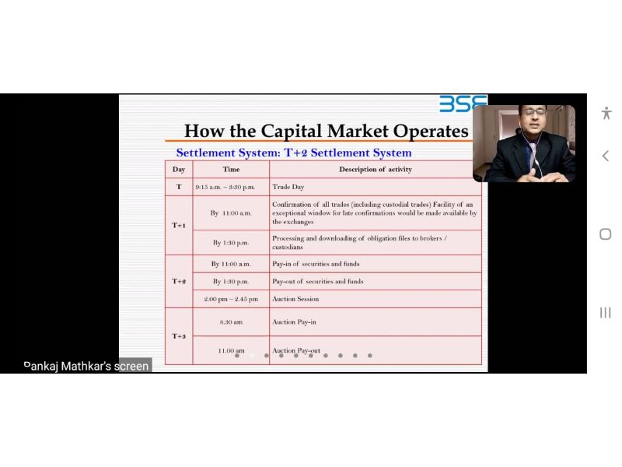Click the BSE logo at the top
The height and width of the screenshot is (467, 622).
click(x=463, y=104)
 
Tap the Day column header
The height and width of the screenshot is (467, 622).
click(x=179, y=170)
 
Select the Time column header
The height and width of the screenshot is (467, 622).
click(x=231, y=169)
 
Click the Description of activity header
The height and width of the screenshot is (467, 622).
click(x=376, y=169)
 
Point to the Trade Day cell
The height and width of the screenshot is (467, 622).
click(x=288, y=187)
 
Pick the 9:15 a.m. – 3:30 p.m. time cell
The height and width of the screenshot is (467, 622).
click(x=225, y=187)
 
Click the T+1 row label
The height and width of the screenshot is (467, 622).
click(x=179, y=225)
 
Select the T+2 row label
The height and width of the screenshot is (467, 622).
click(x=179, y=281)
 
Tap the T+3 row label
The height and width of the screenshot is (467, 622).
click(x=179, y=336)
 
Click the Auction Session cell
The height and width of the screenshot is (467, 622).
click(x=295, y=299)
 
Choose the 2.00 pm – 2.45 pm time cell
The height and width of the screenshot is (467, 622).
click(x=231, y=299)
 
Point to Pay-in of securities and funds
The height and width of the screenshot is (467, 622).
click(x=316, y=264)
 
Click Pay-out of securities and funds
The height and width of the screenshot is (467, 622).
click(x=318, y=281)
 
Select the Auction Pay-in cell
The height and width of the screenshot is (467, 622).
click(x=294, y=322)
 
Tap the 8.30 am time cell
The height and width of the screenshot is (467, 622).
click(x=231, y=322)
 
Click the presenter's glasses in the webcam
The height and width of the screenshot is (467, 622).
click(x=534, y=112)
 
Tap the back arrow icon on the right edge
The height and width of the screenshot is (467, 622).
click(x=606, y=156)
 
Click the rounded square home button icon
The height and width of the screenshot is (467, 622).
click(x=606, y=234)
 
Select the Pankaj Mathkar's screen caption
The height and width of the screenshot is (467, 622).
click(x=86, y=366)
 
